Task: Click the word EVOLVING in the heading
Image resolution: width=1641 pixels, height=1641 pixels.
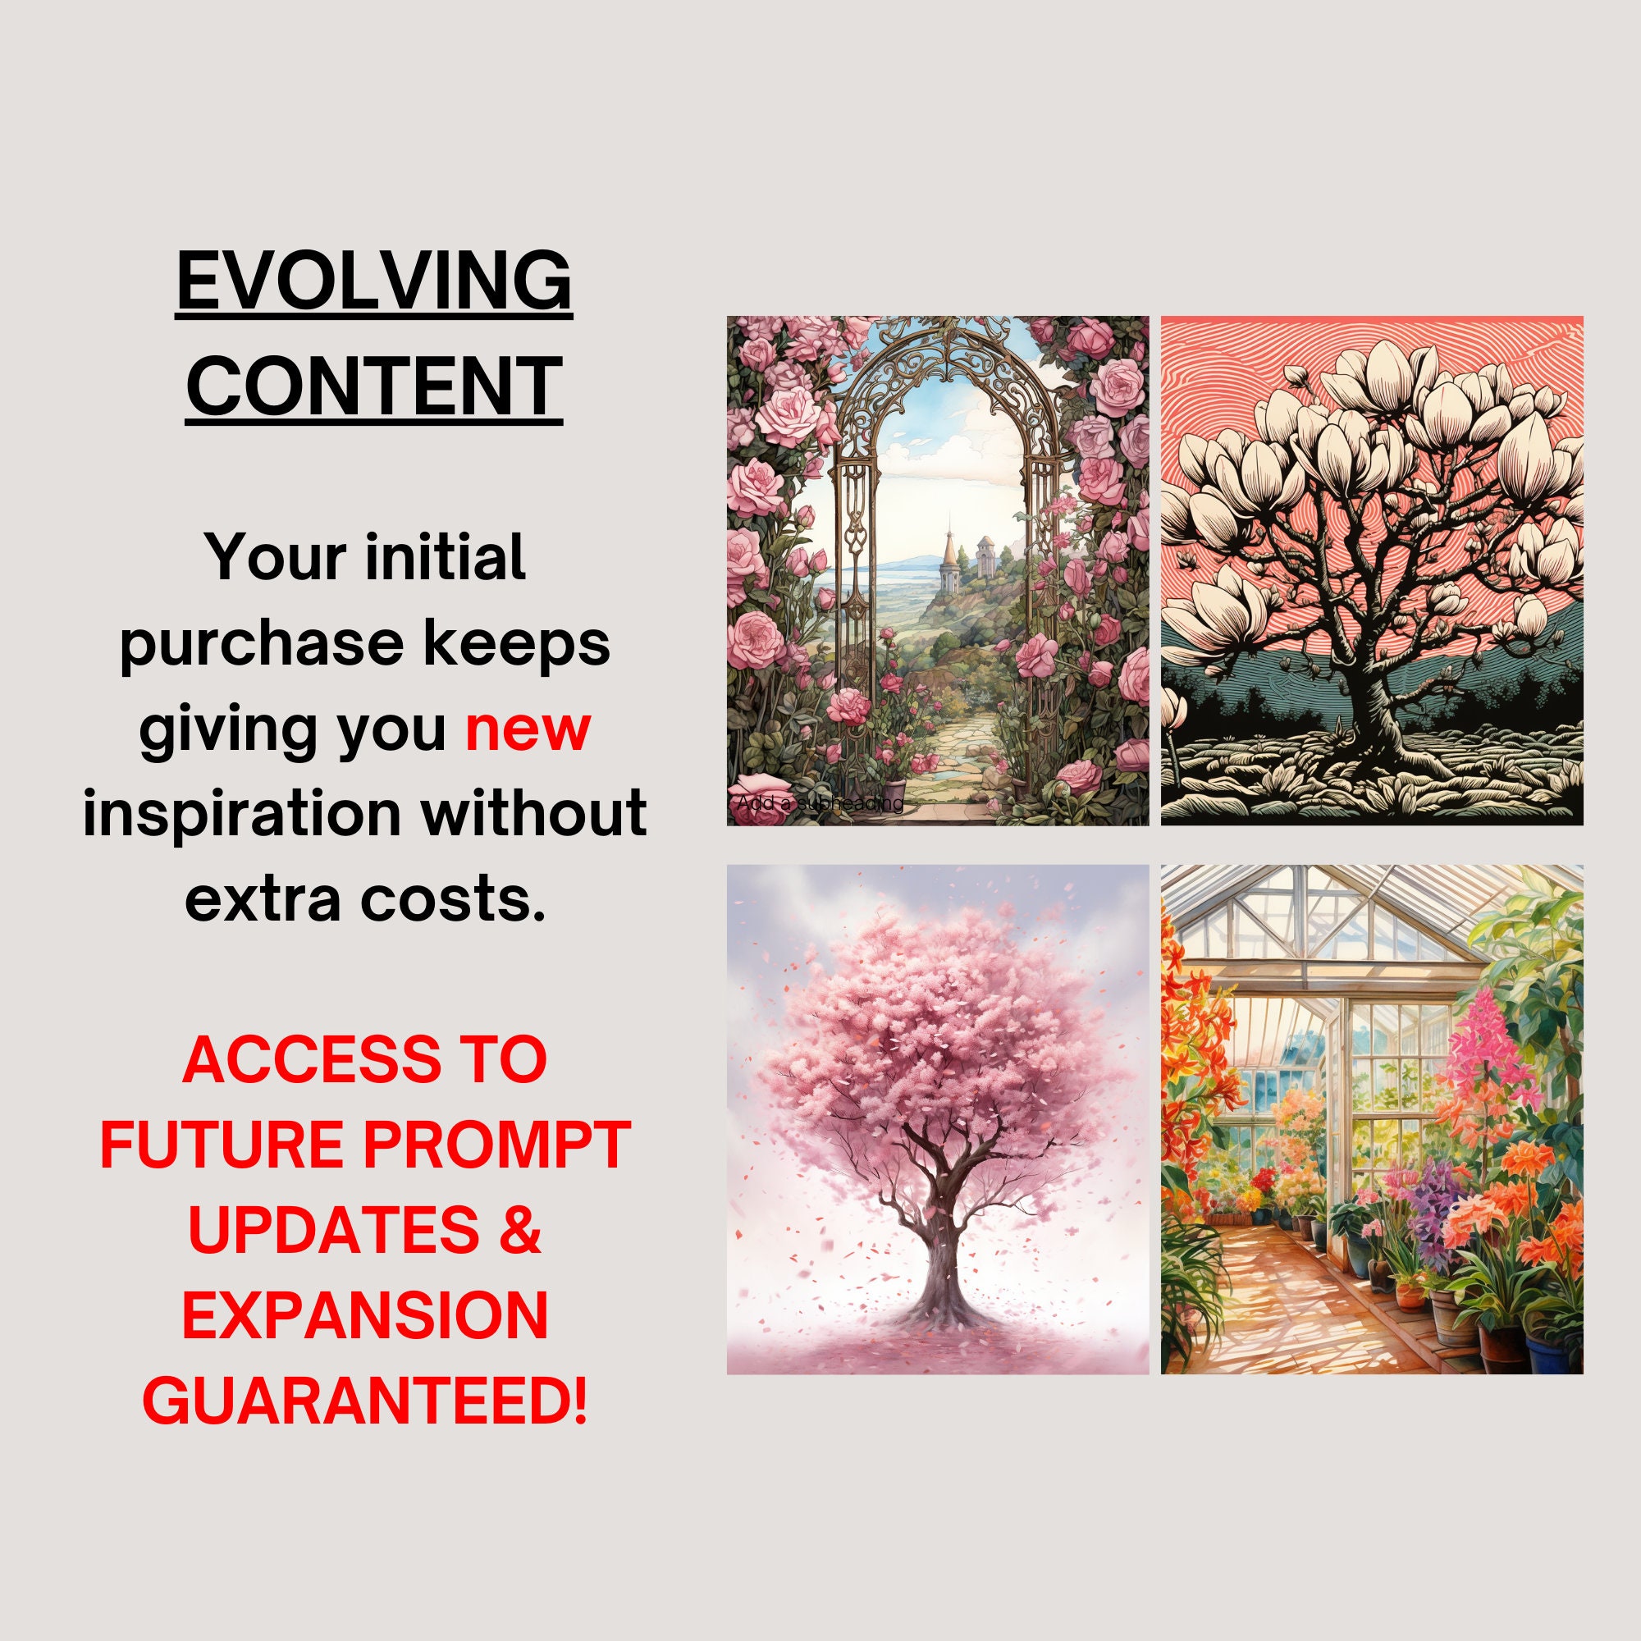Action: pos(373,282)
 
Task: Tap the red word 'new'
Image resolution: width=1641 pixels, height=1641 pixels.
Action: pos(527,729)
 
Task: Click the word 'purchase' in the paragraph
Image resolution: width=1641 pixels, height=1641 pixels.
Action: pos(261,644)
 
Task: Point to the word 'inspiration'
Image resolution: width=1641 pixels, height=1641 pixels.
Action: pos(242,814)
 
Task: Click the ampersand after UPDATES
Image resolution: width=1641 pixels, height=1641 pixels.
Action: pos(520,1230)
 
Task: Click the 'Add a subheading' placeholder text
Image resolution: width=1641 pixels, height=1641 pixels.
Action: pos(820,802)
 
